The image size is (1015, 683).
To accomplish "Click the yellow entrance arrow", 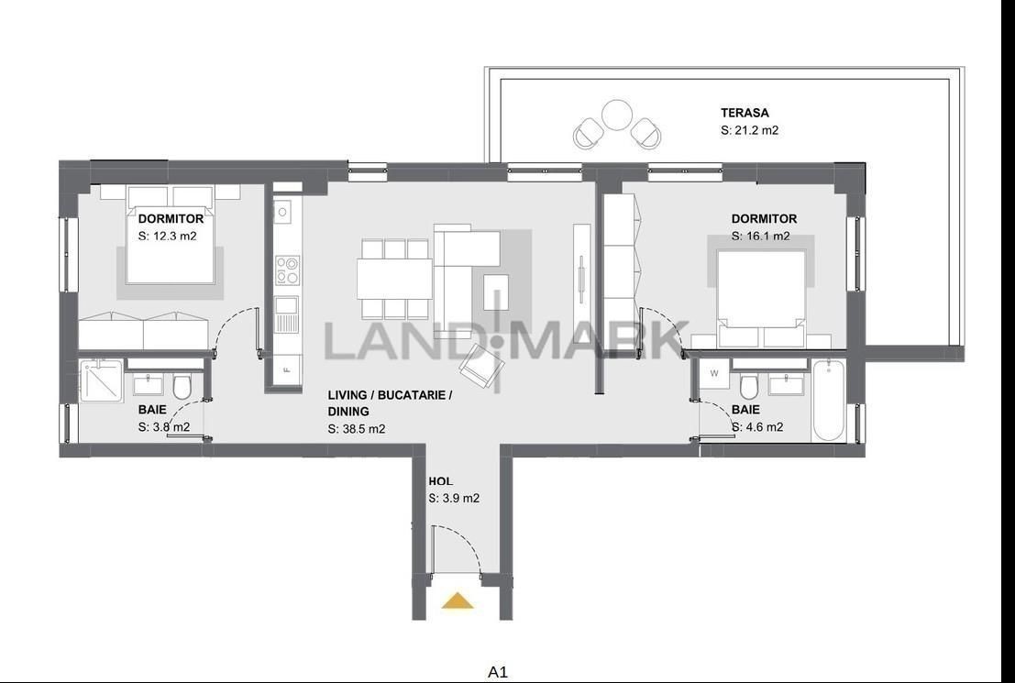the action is click(x=458, y=600).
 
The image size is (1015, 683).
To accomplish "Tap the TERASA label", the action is click(x=745, y=113).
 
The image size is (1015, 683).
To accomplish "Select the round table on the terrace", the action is click(x=616, y=115).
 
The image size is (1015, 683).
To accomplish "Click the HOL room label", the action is click(x=441, y=481).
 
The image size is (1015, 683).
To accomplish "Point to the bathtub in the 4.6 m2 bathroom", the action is click(x=829, y=402).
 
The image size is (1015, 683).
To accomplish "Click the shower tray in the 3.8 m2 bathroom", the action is click(x=102, y=381).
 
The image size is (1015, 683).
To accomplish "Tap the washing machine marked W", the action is click(x=714, y=373).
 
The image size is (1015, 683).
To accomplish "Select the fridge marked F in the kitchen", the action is click(x=287, y=371).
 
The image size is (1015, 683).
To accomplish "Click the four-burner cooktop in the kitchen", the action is click(x=287, y=270).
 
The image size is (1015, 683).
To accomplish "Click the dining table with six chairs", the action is click(x=395, y=279).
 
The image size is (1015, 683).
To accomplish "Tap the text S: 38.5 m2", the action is click(x=357, y=428).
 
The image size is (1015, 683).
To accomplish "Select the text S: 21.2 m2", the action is click(x=750, y=130).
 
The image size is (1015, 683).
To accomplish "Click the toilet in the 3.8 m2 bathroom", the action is click(x=182, y=387).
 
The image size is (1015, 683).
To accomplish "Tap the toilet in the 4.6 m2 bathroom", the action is click(x=749, y=386).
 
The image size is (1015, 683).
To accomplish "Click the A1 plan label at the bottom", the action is click(x=498, y=672).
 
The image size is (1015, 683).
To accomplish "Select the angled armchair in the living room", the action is click(x=481, y=367).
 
